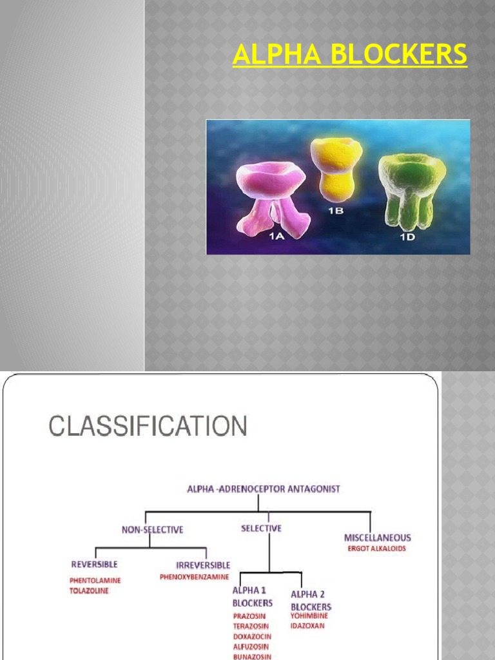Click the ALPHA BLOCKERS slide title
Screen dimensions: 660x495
point(350,55)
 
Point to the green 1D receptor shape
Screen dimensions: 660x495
point(411,187)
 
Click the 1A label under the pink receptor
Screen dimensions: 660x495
point(276,237)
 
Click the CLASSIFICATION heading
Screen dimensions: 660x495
point(148,426)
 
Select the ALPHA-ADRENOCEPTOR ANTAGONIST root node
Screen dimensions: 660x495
point(263,489)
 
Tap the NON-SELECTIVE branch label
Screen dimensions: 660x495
point(153,530)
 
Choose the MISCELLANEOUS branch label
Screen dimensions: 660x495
point(377,538)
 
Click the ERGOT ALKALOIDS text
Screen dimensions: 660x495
point(377,549)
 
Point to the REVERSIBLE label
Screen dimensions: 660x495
point(95,565)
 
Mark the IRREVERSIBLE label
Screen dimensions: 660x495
point(203,565)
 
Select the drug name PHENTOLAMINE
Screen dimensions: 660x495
point(95,580)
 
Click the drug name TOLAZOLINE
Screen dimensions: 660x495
point(89,590)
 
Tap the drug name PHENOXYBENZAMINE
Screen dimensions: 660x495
point(195,577)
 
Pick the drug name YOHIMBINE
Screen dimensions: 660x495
point(309,616)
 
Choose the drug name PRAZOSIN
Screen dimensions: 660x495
point(249,616)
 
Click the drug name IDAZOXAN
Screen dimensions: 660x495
point(308,626)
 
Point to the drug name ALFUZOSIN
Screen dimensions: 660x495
point(251,646)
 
